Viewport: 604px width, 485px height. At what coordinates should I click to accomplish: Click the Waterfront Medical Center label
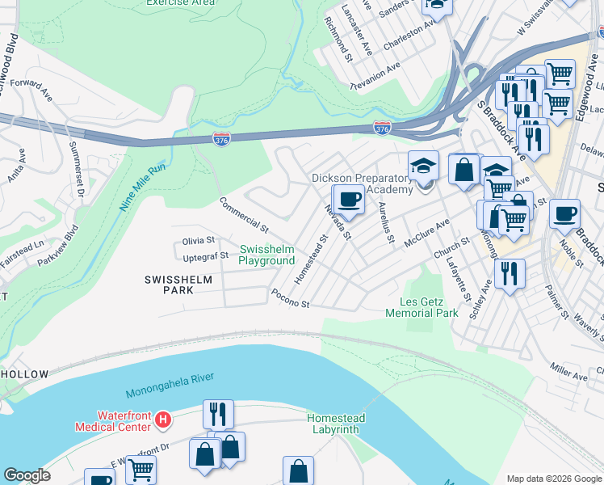112,420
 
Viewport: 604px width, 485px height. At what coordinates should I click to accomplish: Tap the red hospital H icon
163,420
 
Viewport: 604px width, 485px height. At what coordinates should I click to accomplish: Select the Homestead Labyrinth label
336,424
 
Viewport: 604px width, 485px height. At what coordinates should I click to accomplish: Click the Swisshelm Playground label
266,255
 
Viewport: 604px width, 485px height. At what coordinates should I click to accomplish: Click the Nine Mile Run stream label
143,187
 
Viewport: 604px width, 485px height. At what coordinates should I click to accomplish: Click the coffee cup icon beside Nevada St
349,199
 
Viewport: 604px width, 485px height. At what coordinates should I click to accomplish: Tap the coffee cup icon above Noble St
564,213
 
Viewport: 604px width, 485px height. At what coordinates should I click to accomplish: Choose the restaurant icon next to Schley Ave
510,272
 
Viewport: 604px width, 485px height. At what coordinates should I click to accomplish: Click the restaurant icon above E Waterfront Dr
218,414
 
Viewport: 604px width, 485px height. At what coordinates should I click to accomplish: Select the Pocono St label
291,299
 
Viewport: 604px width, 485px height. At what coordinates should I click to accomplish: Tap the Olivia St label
199,240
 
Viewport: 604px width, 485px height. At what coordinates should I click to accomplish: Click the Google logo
27,476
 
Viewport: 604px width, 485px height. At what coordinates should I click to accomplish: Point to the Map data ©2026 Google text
553,479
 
